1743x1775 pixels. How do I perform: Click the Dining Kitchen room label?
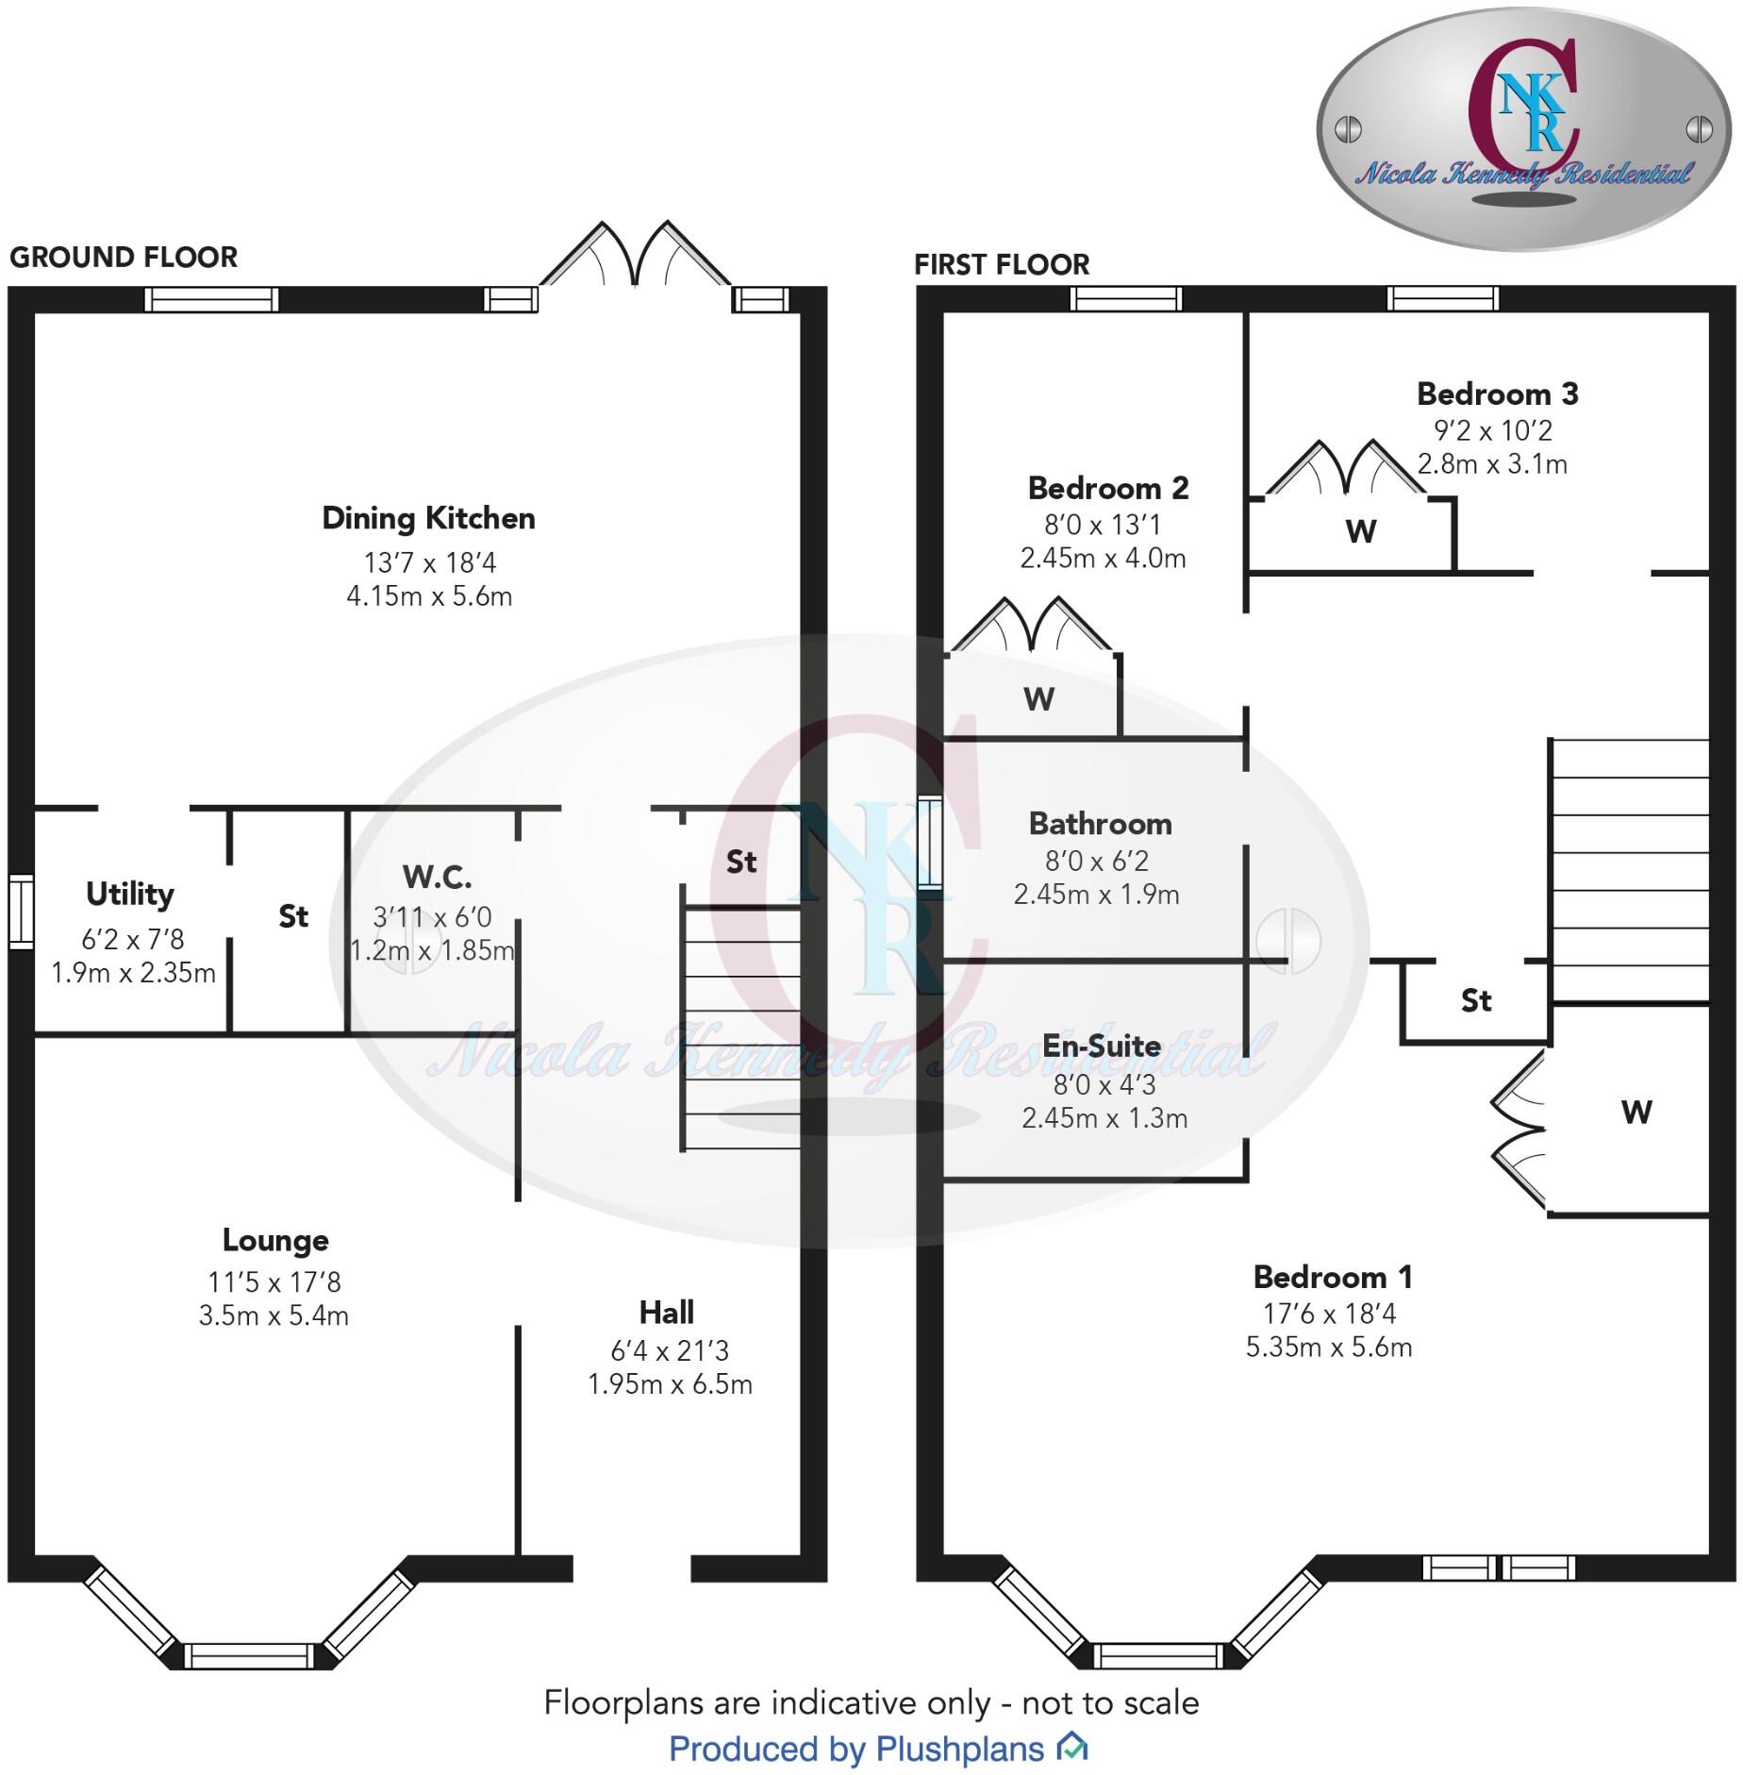coord(428,518)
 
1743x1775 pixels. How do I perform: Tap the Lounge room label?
coord(275,1240)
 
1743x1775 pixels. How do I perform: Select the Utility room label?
coord(130,894)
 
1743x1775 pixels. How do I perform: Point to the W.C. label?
coord(437,878)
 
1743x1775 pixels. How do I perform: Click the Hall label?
coord(667,1313)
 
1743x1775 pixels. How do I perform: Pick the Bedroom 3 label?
coord(1497,394)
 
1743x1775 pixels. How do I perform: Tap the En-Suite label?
coord(1101,1046)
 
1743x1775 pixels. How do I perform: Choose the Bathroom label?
coord(1100,824)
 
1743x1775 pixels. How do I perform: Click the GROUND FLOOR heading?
coord(124,257)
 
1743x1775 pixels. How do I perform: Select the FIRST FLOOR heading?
coord(1002,264)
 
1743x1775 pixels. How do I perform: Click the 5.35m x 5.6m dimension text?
coord(1328,1347)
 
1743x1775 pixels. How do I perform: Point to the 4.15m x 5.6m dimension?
coord(429,596)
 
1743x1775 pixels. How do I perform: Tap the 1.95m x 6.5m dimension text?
coord(670,1384)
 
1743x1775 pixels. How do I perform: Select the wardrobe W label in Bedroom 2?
coord(1038,699)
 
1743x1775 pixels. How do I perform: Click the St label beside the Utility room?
coord(293,916)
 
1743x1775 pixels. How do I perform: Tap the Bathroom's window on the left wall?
coord(930,843)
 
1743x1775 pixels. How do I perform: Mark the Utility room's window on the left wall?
coord(21,911)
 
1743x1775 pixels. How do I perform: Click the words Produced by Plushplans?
coord(856,1749)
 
